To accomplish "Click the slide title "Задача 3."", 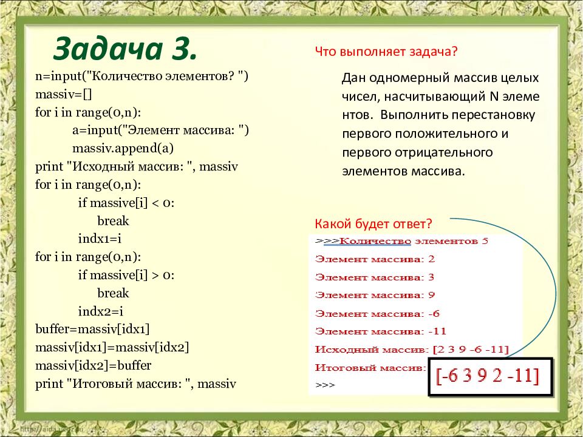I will coord(125,49).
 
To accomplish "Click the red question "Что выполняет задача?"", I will coord(386,52).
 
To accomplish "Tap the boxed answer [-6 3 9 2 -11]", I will coord(492,376).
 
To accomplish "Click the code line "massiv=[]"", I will coord(63,95).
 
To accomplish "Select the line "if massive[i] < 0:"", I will coord(126,203).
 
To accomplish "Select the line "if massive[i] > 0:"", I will coord(126,275).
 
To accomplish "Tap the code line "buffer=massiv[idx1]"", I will coord(92,329).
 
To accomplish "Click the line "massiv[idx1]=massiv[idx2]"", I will coord(112,347).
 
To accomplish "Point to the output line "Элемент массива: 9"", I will coord(375,295).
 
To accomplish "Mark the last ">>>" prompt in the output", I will coord(325,385).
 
